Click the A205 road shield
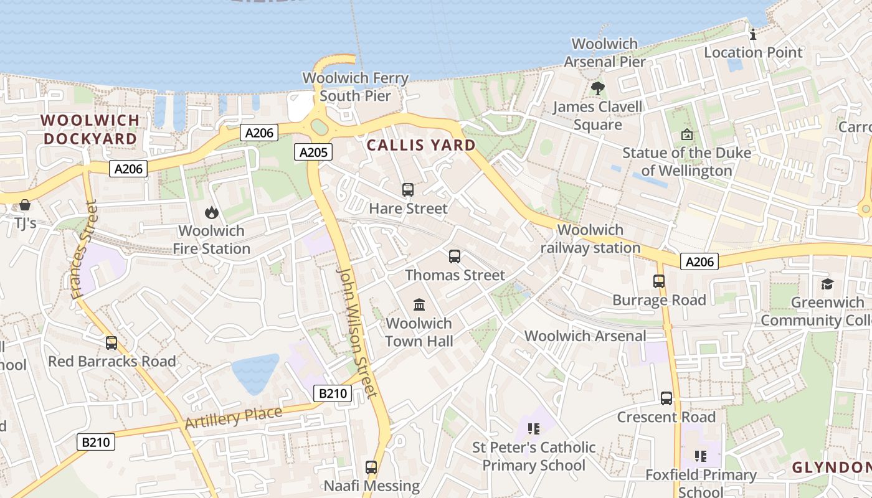(x=313, y=152)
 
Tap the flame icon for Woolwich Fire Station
(x=212, y=213)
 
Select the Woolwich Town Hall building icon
(x=419, y=305)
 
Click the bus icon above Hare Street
(x=408, y=190)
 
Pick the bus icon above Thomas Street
(x=455, y=256)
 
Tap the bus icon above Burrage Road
(x=659, y=281)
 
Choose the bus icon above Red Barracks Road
(x=111, y=343)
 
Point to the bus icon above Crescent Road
(x=666, y=398)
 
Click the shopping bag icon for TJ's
(x=25, y=204)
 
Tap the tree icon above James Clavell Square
(x=598, y=88)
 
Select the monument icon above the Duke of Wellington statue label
(x=686, y=134)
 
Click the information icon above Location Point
(x=752, y=34)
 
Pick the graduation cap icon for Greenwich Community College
(x=827, y=284)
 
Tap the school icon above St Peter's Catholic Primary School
(x=534, y=428)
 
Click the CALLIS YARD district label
(x=421, y=146)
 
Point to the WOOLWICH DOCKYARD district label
(x=90, y=129)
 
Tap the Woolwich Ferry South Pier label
(x=355, y=87)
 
